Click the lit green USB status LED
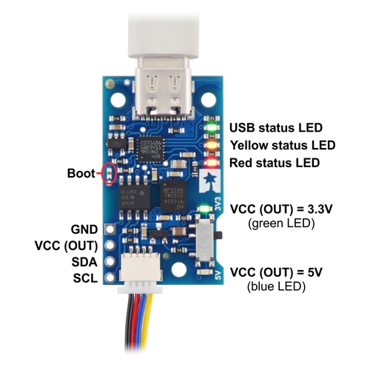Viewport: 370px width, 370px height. [x=212, y=127]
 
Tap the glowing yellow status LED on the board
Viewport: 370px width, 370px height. [x=212, y=145]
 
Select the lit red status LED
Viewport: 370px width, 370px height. [x=212, y=163]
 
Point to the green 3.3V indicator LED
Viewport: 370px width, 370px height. [x=204, y=209]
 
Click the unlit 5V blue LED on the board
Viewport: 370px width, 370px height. [x=204, y=272]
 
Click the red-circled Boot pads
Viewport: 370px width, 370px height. [x=109, y=174]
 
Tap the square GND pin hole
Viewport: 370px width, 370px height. [x=110, y=229]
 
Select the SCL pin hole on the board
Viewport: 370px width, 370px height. [x=110, y=277]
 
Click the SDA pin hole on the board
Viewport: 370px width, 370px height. [x=110, y=261]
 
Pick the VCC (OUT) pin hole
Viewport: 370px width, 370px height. [x=110, y=245]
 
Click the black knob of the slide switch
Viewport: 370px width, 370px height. [x=219, y=235]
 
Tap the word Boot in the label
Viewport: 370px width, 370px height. [x=81, y=173]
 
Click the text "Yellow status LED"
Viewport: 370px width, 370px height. [x=283, y=145]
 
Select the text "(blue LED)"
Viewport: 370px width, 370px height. [x=276, y=286]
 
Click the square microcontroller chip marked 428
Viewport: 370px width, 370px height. [x=150, y=149]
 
